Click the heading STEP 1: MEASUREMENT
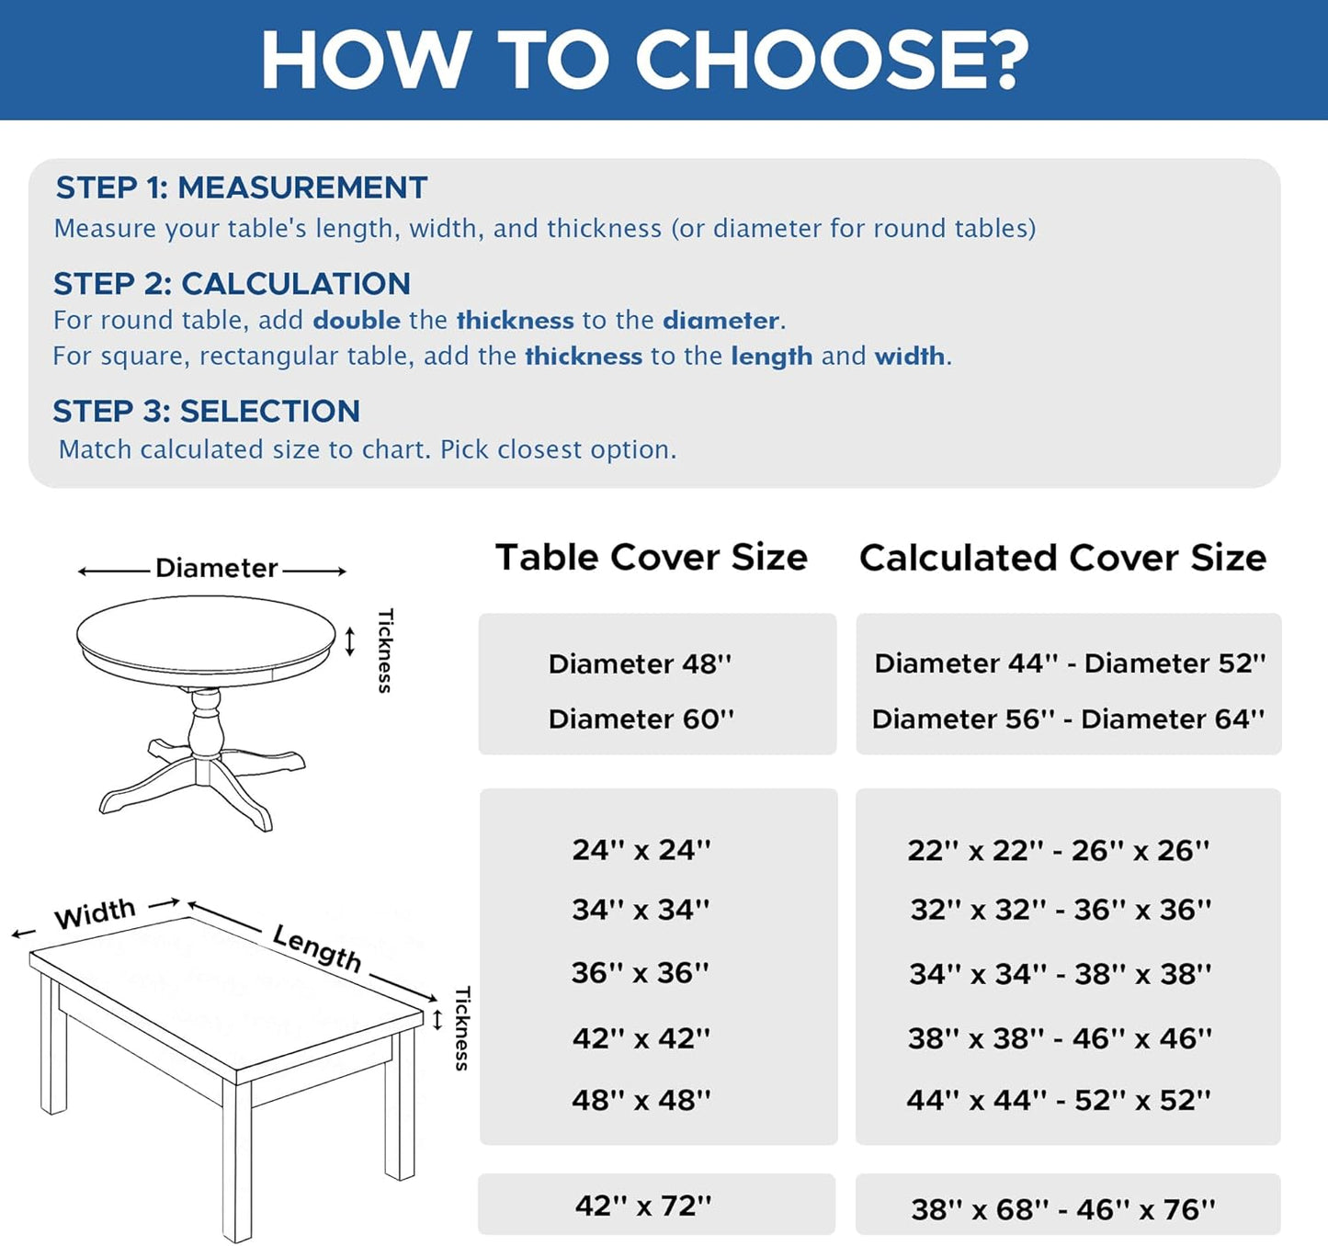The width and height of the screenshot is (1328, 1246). (242, 188)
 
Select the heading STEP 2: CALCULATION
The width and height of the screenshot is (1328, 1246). (232, 284)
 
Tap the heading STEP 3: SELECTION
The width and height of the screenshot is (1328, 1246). (207, 411)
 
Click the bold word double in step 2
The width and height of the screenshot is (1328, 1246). (357, 321)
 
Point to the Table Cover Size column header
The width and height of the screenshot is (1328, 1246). (652, 557)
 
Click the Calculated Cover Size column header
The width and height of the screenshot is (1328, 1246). (1062, 558)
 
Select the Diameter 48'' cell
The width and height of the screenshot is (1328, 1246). (640, 664)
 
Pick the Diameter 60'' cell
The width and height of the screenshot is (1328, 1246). (641, 719)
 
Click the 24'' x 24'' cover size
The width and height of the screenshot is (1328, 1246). (641, 850)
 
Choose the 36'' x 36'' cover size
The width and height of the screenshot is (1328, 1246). (640, 973)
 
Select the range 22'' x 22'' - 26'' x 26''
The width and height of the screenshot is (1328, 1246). (1059, 851)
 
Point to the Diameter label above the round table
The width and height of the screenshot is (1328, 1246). (216, 569)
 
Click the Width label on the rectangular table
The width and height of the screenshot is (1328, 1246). (96, 913)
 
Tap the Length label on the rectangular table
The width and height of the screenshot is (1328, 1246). (317, 947)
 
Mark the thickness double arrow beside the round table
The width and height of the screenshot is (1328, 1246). (349, 641)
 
